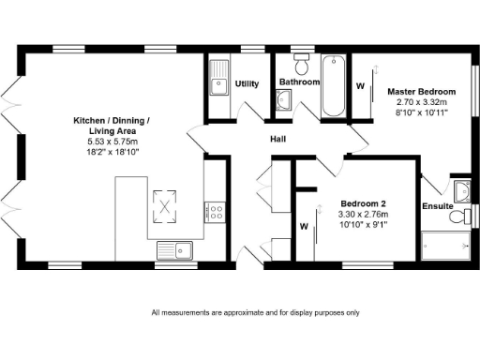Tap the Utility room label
tap(247, 83)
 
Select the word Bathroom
tap(300, 82)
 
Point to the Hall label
tap(278, 141)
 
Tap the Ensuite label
tap(438, 205)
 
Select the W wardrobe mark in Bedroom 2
tap(304, 226)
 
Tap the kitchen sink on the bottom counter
tap(174, 249)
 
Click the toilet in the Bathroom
tap(302, 65)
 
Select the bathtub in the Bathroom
tap(334, 86)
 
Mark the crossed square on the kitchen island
tap(165, 206)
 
